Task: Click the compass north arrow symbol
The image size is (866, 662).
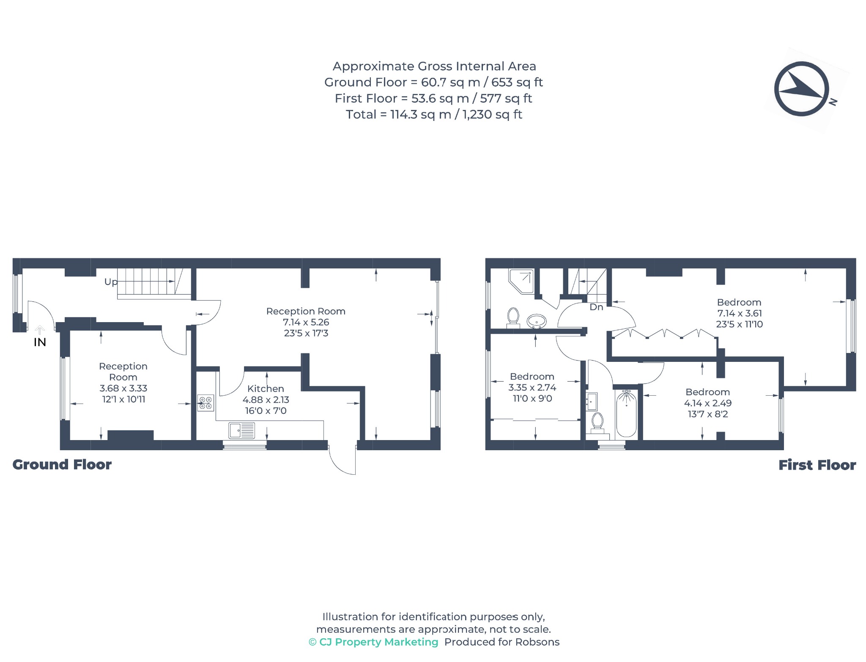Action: coord(801,89)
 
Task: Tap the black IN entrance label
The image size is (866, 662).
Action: coord(40,342)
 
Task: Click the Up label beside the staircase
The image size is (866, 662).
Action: coord(111,282)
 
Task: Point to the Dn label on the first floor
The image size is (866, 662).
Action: coord(596,307)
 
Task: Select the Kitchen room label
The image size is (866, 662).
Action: coord(266,388)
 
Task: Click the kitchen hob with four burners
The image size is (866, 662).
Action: coord(206,403)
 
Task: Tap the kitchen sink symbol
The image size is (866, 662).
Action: coord(241,430)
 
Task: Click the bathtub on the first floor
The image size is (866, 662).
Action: coord(626,413)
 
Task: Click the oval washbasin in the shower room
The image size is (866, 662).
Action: coord(537,321)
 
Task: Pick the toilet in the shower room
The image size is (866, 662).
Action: coord(513,317)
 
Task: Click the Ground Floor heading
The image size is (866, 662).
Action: coord(62,465)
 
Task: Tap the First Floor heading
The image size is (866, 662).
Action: coord(817,465)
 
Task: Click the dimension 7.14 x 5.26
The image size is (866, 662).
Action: coord(306,322)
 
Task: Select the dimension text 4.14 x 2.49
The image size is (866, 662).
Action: coord(708,403)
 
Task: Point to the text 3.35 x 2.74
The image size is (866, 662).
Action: coord(532,387)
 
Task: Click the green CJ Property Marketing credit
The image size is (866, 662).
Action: coord(373,642)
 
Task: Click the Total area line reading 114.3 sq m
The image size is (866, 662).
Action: coord(434,114)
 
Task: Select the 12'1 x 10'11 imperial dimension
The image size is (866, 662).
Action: coord(123,399)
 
